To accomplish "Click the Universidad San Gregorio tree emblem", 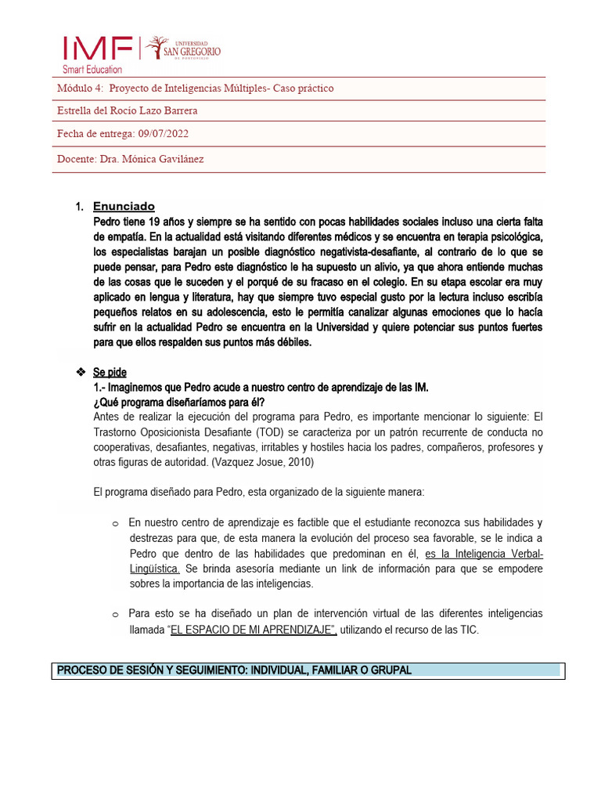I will coord(157,47).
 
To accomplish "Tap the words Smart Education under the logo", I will coord(92,70).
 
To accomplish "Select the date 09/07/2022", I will coord(162,134).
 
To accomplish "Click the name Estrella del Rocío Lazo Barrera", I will coord(128,110).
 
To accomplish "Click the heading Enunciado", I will coord(124,207).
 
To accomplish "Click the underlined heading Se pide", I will coord(110,372).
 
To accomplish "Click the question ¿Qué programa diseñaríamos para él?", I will coord(179,402).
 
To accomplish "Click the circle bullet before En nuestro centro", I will coord(114,523).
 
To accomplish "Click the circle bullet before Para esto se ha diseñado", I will coord(114,615).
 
